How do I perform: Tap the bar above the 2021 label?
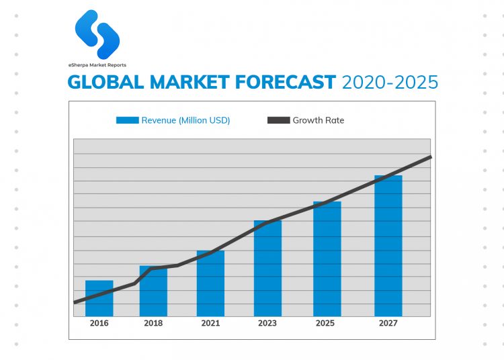point(210,283)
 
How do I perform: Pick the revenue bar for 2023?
point(267,268)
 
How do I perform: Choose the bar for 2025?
point(327,259)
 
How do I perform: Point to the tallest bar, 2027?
point(388,246)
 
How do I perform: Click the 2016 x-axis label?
point(99,323)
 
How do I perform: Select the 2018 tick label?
point(153,323)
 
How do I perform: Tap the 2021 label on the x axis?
point(210,323)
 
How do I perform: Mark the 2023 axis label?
point(267,323)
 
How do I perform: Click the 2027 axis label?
point(388,323)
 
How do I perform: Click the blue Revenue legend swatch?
point(127,120)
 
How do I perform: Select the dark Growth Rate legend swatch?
point(278,120)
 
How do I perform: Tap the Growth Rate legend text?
point(319,120)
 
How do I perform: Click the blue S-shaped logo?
point(97,34)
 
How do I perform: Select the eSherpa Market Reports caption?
point(97,65)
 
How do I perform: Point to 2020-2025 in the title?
point(390,83)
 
